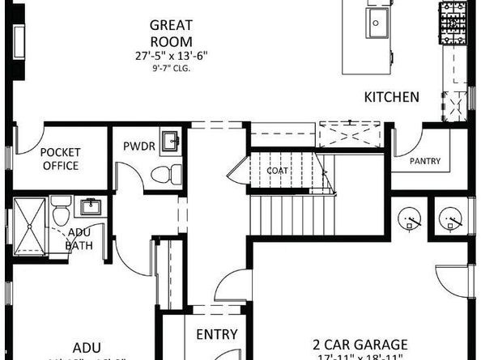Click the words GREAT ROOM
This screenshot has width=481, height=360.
pyautogui.click(x=170, y=32)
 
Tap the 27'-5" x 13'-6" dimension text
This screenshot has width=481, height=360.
pyautogui.click(x=170, y=56)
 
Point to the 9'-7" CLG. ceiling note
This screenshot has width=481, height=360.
pyautogui.click(x=170, y=68)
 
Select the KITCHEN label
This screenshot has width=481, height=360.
pyautogui.click(x=391, y=97)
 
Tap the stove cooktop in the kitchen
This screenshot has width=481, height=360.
pyautogui.click(x=450, y=23)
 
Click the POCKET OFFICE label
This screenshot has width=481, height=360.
pyautogui.click(x=60, y=159)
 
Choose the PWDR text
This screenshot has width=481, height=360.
pyautogui.click(x=134, y=146)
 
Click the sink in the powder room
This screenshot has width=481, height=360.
pyautogui.click(x=172, y=142)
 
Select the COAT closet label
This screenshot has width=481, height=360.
pyautogui.click(x=278, y=171)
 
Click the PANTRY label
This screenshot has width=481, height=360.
pyautogui.click(x=425, y=161)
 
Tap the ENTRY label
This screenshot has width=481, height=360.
pyautogui.click(x=216, y=334)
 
